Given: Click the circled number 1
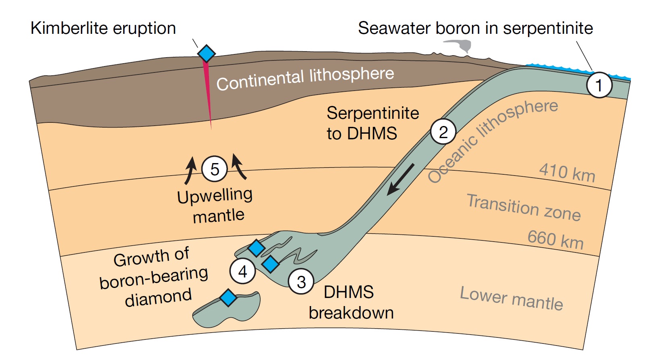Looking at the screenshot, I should (x=599, y=85).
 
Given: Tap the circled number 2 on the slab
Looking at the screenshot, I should (x=443, y=132).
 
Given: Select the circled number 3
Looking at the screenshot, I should (x=301, y=282).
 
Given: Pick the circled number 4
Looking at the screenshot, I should (x=242, y=271).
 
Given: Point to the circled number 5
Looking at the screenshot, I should (x=215, y=169).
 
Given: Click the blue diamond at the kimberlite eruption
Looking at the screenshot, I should (x=206, y=53).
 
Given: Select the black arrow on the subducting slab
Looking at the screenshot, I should (x=400, y=180).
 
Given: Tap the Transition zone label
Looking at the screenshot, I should (x=524, y=207).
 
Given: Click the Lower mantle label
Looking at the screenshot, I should (x=511, y=298).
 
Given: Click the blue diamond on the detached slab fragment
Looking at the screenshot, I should (x=228, y=298).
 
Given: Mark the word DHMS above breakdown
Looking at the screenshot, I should (x=349, y=292).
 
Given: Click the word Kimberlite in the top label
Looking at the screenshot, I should (x=70, y=28).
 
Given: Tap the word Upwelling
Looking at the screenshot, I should (x=215, y=196).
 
